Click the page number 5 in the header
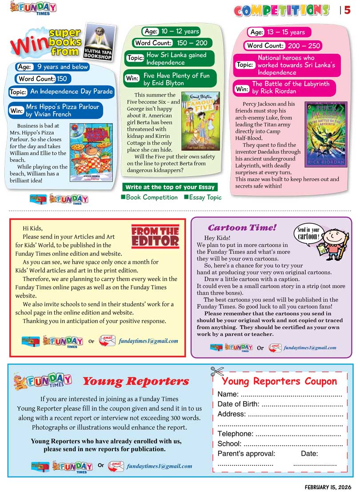point(348,10)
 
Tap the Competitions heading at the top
point(281,10)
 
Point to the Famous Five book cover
point(200,121)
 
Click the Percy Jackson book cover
point(325,134)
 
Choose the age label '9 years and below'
point(63,67)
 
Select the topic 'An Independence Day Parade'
point(71,92)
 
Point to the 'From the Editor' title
point(155,236)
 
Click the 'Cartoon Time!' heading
point(242,228)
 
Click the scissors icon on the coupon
point(217,371)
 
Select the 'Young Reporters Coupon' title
point(279,381)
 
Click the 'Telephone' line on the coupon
point(279,434)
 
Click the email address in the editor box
point(148,341)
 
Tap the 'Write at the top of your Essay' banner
point(170,187)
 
